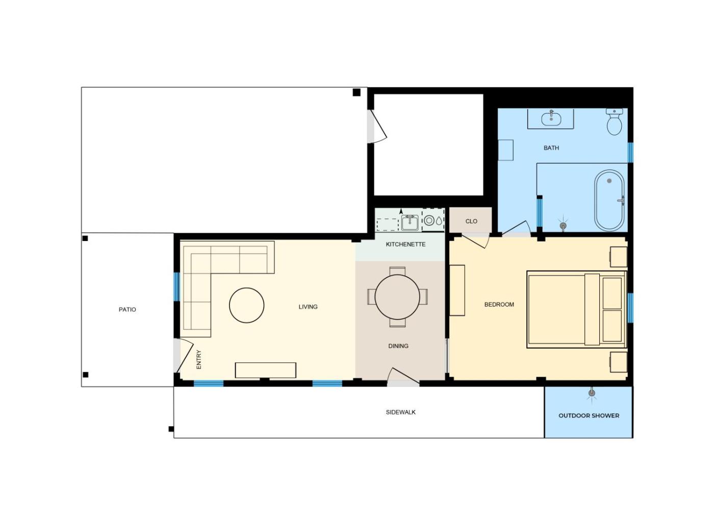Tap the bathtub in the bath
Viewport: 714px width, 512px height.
tap(609, 200)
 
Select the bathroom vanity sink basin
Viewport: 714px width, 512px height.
tap(551, 119)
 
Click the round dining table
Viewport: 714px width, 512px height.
tap(397, 297)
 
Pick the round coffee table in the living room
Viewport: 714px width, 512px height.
tap(247, 305)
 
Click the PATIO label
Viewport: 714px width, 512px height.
tap(127, 309)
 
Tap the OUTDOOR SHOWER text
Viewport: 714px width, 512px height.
tap(589, 416)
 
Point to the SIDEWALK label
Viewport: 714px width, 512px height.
tap(401, 412)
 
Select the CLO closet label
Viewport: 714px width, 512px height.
tap(471, 221)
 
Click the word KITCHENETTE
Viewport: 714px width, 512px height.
tap(405, 245)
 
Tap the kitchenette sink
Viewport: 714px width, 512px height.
tap(410, 223)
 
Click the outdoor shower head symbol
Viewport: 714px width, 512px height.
tap(592, 394)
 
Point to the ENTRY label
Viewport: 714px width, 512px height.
tap(199, 359)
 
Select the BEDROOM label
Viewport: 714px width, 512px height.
tap(499, 304)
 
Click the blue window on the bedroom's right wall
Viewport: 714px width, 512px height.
tap(630, 308)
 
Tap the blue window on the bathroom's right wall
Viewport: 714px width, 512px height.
tap(630, 153)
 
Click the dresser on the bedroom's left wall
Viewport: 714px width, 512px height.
tap(457, 290)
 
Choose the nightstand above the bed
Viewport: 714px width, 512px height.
tap(618, 257)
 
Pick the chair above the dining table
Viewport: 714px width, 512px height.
tap(397, 271)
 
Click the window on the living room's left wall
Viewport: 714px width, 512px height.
tap(176, 286)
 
